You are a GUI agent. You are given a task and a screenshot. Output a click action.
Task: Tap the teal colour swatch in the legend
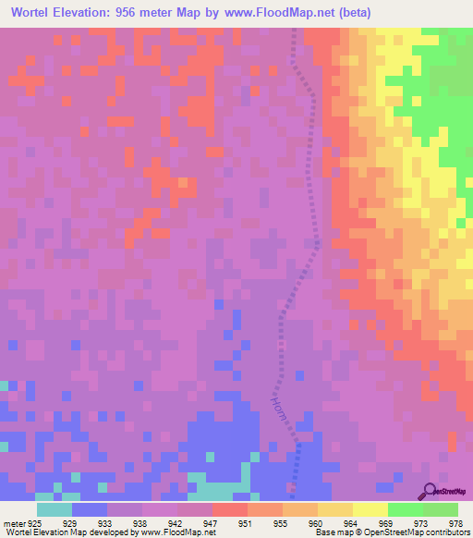[x=55, y=509]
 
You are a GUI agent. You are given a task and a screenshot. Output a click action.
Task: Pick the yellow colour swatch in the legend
[x=370, y=509]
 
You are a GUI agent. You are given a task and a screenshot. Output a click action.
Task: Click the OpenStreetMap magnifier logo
[x=430, y=491]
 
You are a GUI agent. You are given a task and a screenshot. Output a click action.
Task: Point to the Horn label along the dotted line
[x=281, y=410]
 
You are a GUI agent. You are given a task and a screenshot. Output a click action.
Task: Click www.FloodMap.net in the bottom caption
[x=176, y=532]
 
